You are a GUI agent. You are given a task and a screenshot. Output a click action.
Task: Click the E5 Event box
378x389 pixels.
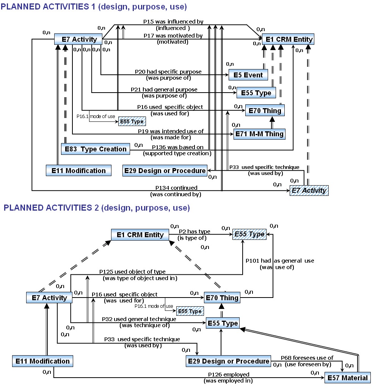[248, 75]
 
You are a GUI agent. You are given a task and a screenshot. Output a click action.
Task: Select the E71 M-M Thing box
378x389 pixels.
[259, 134]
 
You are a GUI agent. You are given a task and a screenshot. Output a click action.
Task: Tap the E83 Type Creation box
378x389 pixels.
[95, 149]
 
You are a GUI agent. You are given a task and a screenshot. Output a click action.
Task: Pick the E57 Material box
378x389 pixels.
[347, 378]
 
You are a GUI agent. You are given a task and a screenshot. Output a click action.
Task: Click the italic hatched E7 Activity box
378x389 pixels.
[309, 190]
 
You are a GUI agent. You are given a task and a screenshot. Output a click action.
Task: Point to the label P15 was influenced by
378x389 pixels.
[173, 22]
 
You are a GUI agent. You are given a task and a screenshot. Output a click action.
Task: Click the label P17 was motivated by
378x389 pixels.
[173, 36]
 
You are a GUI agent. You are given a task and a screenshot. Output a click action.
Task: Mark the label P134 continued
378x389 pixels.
[176, 188]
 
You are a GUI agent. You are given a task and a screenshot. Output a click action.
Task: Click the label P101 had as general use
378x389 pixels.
[280, 261]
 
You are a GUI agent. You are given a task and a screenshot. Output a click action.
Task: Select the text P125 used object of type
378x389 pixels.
[132, 272]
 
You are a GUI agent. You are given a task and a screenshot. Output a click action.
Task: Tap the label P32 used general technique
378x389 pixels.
[139, 319]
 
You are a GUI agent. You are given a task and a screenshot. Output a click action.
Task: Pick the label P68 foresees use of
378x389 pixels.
[307, 358]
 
